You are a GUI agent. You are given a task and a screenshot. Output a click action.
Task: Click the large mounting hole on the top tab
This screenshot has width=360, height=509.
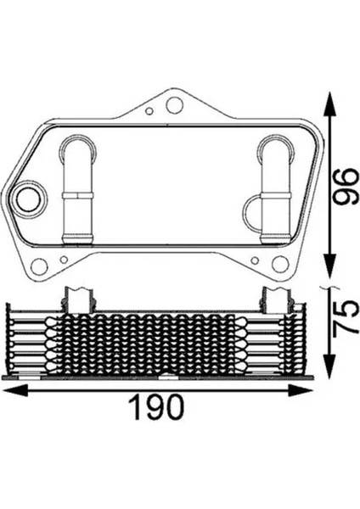tap(174, 107)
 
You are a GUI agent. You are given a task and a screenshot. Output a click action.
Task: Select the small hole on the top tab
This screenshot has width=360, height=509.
tap(150, 110)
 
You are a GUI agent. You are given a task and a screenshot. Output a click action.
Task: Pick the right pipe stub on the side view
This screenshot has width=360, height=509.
tap(274, 298)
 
